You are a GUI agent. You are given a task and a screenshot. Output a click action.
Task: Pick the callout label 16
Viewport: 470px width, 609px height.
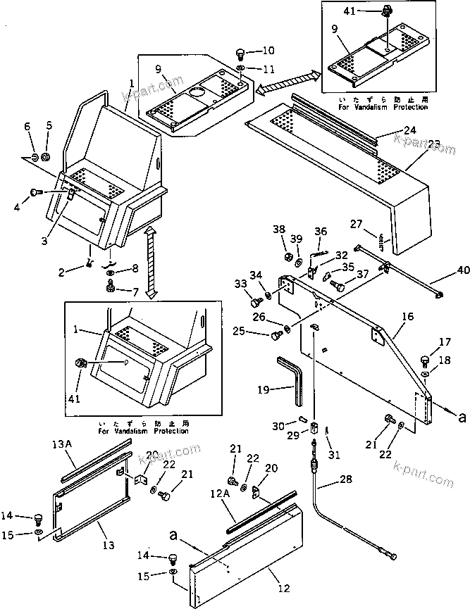pos(407,318)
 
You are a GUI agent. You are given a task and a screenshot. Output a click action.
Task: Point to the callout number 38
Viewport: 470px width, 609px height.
pos(279,229)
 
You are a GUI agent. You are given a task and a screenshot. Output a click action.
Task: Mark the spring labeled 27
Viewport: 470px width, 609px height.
pos(381,241)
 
